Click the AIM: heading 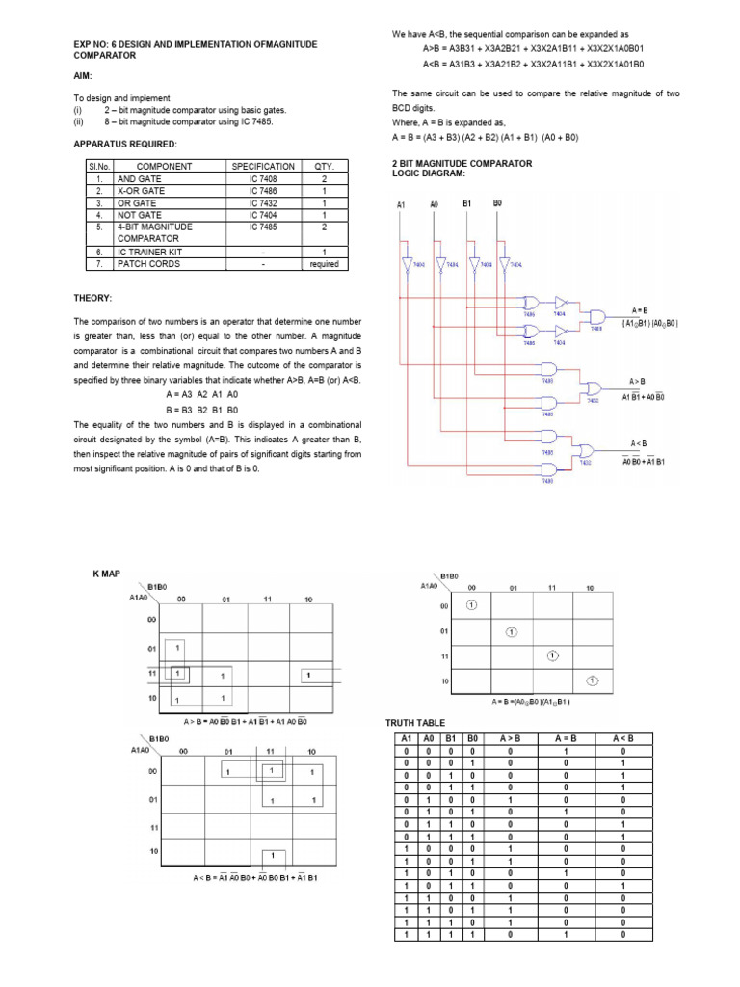(83, 75)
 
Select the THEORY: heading (92, 298)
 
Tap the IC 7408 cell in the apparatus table (262, 179)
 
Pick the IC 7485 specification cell (262, 227)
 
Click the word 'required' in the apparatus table (324, 263)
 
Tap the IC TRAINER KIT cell (150, 251)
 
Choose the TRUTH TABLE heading (417, 722)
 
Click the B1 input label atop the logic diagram (466, 204)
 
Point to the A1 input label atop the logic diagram (401, 204)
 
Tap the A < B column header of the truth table (622, 738)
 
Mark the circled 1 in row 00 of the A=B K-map (471, 605)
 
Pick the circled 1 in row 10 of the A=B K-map (594, 680)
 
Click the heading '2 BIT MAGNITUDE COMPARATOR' (462, 164)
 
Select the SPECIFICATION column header (262, 167)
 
